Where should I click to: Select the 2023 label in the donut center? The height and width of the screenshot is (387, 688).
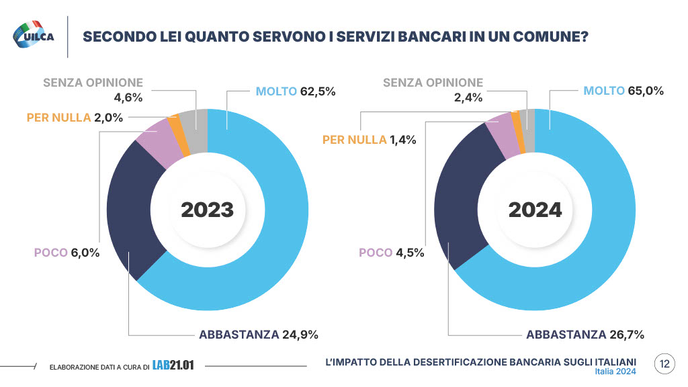pyautogui.click(x=207, y=210)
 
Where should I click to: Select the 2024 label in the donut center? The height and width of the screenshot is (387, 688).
pyautogui.click(x=535, y=210)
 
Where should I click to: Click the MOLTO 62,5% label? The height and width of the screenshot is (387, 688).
pyautogui.click(x=296, y=91)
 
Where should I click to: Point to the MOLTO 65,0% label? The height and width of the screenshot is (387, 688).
pyautogui.click(x=623, y=91)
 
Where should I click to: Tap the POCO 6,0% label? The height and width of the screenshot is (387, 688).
pyautogui.click(x=67, y=253)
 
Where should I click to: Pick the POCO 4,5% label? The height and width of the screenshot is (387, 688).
pyautogui.click(x=391, y=253)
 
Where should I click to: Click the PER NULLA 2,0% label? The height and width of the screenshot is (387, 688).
pyautogui.click(x=75, y=117)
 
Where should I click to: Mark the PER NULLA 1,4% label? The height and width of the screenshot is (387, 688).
pyautogui.click(x=370, y=140)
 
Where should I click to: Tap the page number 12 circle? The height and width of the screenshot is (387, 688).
pyautogui.click(x=664, y=365)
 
